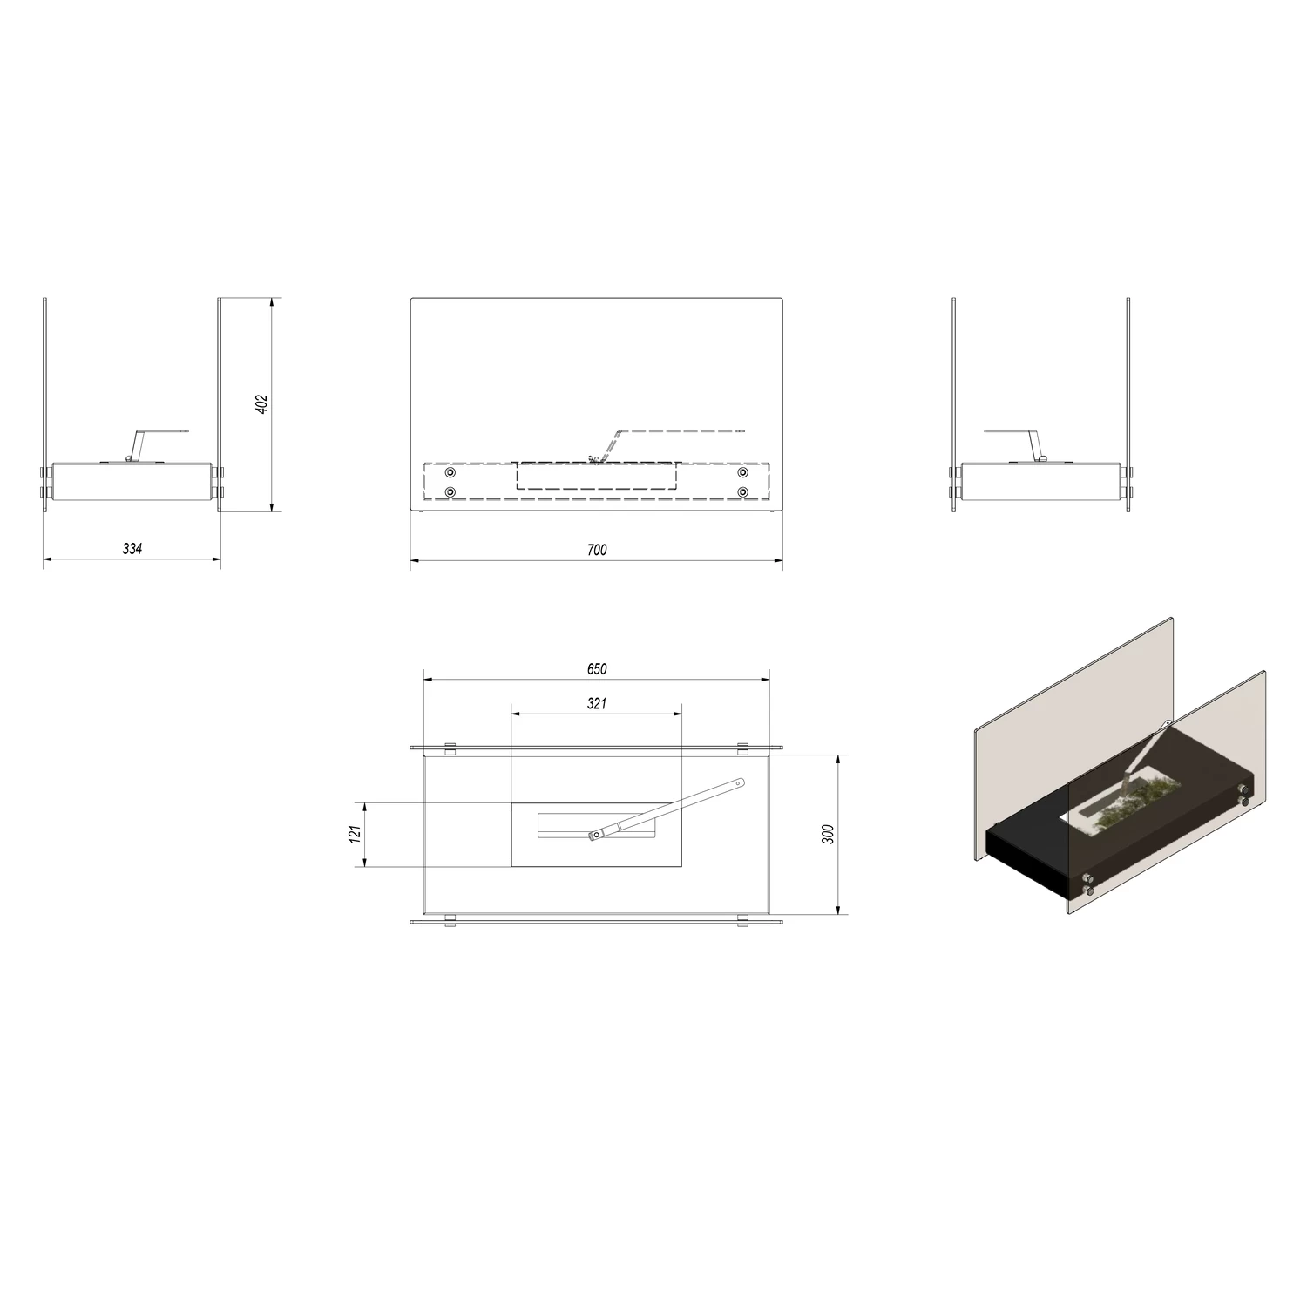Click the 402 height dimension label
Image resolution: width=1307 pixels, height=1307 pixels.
[x=262, y=404]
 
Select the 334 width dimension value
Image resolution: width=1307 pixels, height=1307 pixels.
[x=132, y=549]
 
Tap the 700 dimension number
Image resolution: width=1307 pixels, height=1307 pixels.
[x=597, y=550]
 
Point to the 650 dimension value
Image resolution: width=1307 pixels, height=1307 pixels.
[x=597, y=669]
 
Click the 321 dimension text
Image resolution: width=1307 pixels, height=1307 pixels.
[x=597, y=703]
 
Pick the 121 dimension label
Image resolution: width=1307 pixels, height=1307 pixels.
[x=355, y=835]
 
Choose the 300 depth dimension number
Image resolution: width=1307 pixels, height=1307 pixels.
[x=829, y=834]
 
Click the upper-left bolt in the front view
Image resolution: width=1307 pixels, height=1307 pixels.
[x=450, y=472]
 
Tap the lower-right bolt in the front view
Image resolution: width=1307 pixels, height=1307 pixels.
[x=743, y=491]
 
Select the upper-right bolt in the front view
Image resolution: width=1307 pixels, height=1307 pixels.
[x=743, y=472]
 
